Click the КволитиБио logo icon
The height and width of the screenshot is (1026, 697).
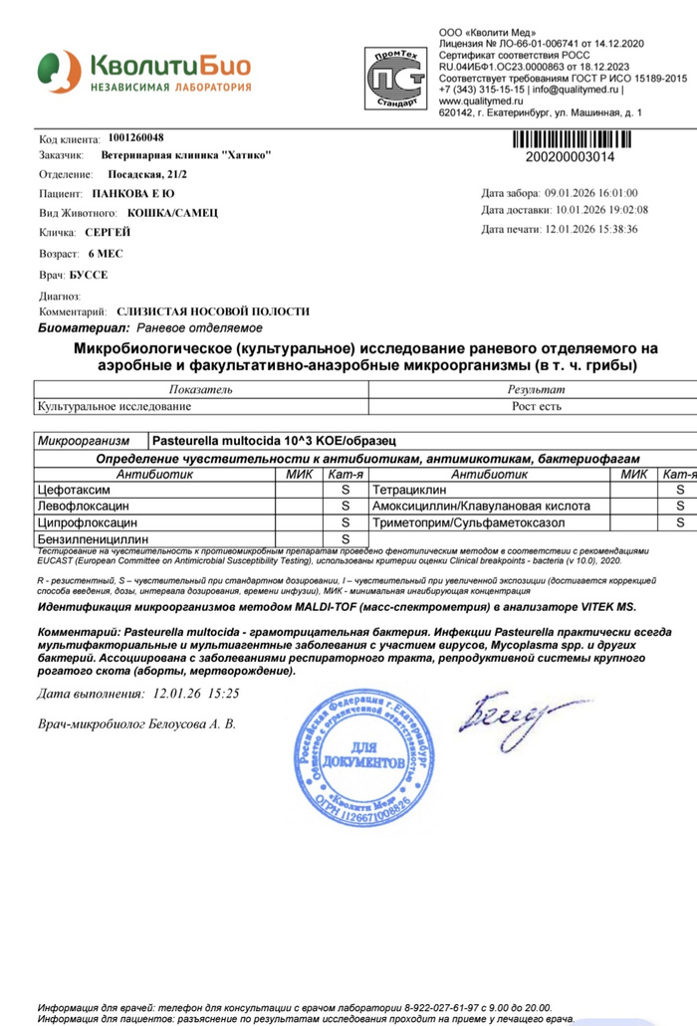coord(58,72)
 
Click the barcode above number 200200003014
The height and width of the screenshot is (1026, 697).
coord(584,138)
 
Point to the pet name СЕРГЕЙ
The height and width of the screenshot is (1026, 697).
coord(108,231)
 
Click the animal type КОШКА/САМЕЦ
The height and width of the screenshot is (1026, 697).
coord(172,212)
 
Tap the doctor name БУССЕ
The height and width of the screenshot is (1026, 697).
coord(89,274)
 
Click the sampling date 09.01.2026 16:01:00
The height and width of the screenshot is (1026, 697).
coord(591,193)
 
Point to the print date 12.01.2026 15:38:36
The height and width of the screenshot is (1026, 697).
coord(590,229)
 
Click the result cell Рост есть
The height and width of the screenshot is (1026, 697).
coord(536,405)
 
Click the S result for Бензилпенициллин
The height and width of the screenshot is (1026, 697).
coord(346,538)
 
